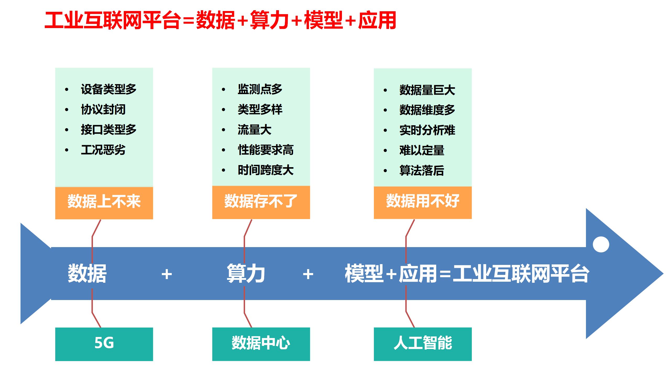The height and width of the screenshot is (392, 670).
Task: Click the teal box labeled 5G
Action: pos(104,344)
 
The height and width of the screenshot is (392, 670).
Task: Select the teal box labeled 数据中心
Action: pos(261,344)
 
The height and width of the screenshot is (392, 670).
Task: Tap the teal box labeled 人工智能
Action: pos(423,344)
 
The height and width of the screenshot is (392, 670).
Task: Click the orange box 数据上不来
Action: pos(104,202)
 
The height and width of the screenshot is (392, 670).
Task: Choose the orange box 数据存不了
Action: pos(261,202)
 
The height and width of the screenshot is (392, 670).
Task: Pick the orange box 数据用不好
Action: pos(423,202)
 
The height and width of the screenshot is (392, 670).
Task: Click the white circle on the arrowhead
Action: pos(601,244)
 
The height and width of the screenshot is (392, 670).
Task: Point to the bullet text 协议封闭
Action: pos(103,109)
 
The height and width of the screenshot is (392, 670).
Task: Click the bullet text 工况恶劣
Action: pos(103,150)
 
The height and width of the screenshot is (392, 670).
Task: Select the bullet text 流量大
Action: pos(254,130)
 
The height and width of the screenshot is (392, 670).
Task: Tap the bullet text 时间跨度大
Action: pos(265,170)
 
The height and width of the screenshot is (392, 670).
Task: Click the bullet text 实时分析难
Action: pos(427,130)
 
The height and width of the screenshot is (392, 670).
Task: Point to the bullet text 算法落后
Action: pos(422,171)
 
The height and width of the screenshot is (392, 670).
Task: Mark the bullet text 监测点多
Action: pos(260,89)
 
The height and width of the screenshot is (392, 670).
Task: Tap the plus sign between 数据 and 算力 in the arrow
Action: pos(167,274)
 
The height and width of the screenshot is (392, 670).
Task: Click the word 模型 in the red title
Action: pos(323,20)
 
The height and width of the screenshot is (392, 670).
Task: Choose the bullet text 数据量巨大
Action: pos(427,90)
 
